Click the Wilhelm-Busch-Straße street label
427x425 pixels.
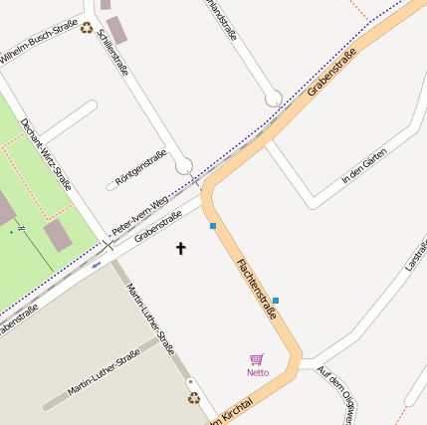coord(40,45)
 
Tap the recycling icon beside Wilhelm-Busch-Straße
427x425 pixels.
coord(87,28)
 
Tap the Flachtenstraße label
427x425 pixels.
coord(257,288)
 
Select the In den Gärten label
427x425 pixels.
coord(362,164)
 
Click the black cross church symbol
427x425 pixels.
coord(181,247)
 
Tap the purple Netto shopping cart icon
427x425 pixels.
coord(257,359)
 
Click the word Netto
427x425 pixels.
coord(258,373)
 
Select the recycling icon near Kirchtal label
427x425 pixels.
coord(194,398)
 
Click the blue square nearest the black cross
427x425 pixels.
coord(213,227)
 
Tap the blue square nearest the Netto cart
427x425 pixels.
coord(276,301)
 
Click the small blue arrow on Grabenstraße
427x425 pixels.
coord(96,265)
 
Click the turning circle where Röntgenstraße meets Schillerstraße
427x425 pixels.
coord(183,165)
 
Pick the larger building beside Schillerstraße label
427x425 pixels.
coord(117,30)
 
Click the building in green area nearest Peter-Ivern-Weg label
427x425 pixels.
coord(58,235)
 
